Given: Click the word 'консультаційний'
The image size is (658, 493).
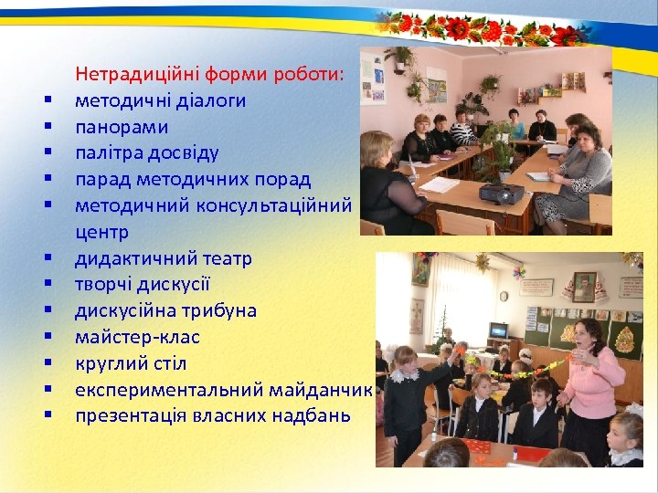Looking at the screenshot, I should coord(280,205).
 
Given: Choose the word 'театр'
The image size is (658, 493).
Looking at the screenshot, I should coord(225,258).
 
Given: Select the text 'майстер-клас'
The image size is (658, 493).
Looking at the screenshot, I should coord(137,338).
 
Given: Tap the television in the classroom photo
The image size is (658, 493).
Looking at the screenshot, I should coord(498,330).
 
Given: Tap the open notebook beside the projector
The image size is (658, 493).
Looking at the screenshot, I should coord(440,184).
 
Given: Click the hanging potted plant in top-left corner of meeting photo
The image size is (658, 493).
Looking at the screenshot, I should coord(399,58).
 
